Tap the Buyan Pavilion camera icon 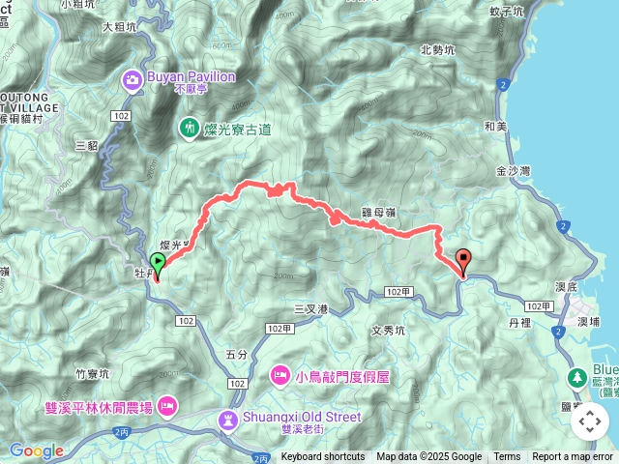point(131,78)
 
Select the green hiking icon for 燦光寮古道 point(189,127)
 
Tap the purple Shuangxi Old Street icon point(227,418)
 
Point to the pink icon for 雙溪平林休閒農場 point(166,405)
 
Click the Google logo point(36,450)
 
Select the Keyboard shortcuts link point(323,457)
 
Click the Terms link point(507,457)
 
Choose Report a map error point(572,457)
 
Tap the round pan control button point(589,421)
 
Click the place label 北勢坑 point(437,50)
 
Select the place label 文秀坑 point(388,330)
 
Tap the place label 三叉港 point(311,309)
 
